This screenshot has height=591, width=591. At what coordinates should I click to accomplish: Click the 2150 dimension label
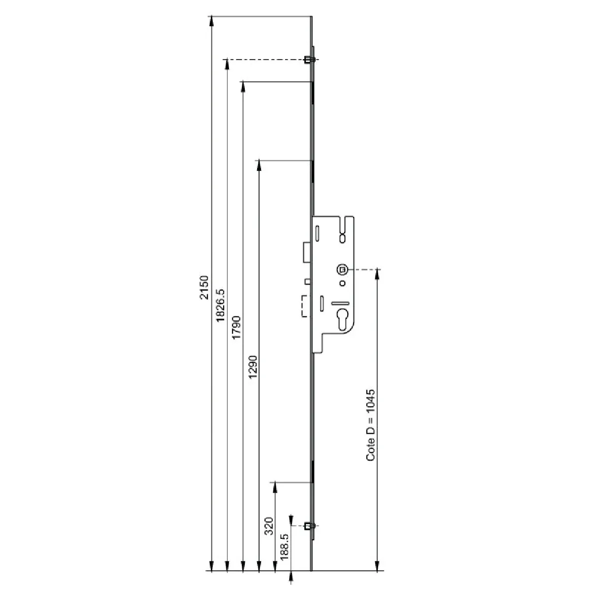click(204, 287)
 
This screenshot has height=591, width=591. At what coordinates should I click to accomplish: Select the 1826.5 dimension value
click(221, 305)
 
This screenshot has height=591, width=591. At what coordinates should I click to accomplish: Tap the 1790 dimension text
click(236, 327)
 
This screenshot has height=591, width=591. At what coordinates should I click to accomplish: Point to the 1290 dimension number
click(253, 367)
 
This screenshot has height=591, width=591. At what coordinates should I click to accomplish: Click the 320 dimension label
click(269, 526)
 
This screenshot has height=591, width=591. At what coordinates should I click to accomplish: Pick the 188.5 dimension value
click(285, 547)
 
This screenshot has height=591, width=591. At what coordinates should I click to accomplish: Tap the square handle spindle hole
click(342, 270)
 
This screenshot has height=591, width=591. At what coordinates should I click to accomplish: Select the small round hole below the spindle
click(343, 283)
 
